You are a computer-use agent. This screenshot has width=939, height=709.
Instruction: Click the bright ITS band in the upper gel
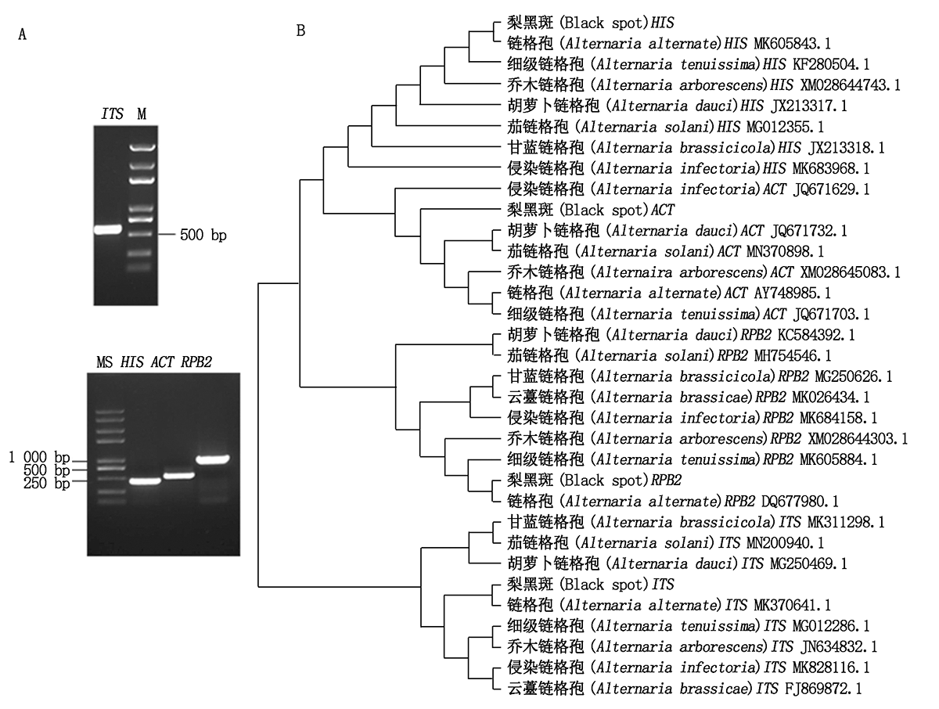point(108,229)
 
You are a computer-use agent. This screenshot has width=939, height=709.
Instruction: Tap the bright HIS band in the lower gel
point(145,481)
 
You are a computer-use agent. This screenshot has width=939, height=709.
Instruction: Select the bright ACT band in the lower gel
point(179,475)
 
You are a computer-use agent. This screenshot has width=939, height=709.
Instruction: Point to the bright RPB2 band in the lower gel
point(213,459)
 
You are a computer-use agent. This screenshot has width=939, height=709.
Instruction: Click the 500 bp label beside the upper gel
point(203,236)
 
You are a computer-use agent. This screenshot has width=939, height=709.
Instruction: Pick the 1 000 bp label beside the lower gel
point(39,458)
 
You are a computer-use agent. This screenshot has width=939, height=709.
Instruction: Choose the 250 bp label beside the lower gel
point(47,483)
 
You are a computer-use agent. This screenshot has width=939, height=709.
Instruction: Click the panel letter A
point(22,34)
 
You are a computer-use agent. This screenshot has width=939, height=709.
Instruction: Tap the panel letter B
point(300,31)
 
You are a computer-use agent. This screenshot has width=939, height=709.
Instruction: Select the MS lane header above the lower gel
point(104,362)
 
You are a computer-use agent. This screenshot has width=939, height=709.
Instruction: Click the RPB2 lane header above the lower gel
point(196,362)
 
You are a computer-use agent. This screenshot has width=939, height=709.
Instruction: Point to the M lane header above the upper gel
point(142,113)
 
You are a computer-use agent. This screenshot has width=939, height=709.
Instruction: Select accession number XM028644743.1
point(850,85)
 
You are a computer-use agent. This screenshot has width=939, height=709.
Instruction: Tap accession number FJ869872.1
point(823,689)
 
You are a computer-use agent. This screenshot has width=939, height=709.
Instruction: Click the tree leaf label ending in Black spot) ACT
point(591,210)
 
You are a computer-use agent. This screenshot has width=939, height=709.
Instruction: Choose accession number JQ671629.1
point(831,189)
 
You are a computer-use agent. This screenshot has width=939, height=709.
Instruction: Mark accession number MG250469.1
point(808,563)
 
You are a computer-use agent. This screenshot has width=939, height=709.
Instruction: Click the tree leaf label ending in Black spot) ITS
point(591,584)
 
